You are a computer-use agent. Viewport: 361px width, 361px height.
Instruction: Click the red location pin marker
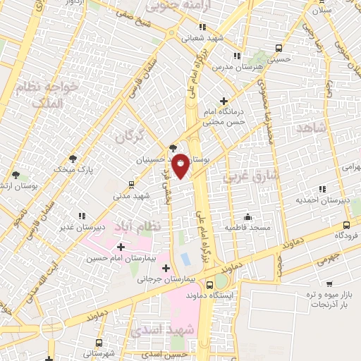click(180, 165)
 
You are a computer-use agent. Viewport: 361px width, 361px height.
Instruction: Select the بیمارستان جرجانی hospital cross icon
click(166, 268)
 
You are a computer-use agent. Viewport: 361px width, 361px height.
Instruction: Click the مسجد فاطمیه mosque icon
click(247, 216)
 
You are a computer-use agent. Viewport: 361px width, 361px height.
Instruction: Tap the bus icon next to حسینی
click(280, 49)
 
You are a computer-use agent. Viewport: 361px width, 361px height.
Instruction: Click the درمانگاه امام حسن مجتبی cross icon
click(224, 101)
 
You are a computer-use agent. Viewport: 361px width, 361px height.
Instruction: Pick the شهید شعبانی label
click(202, 39)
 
